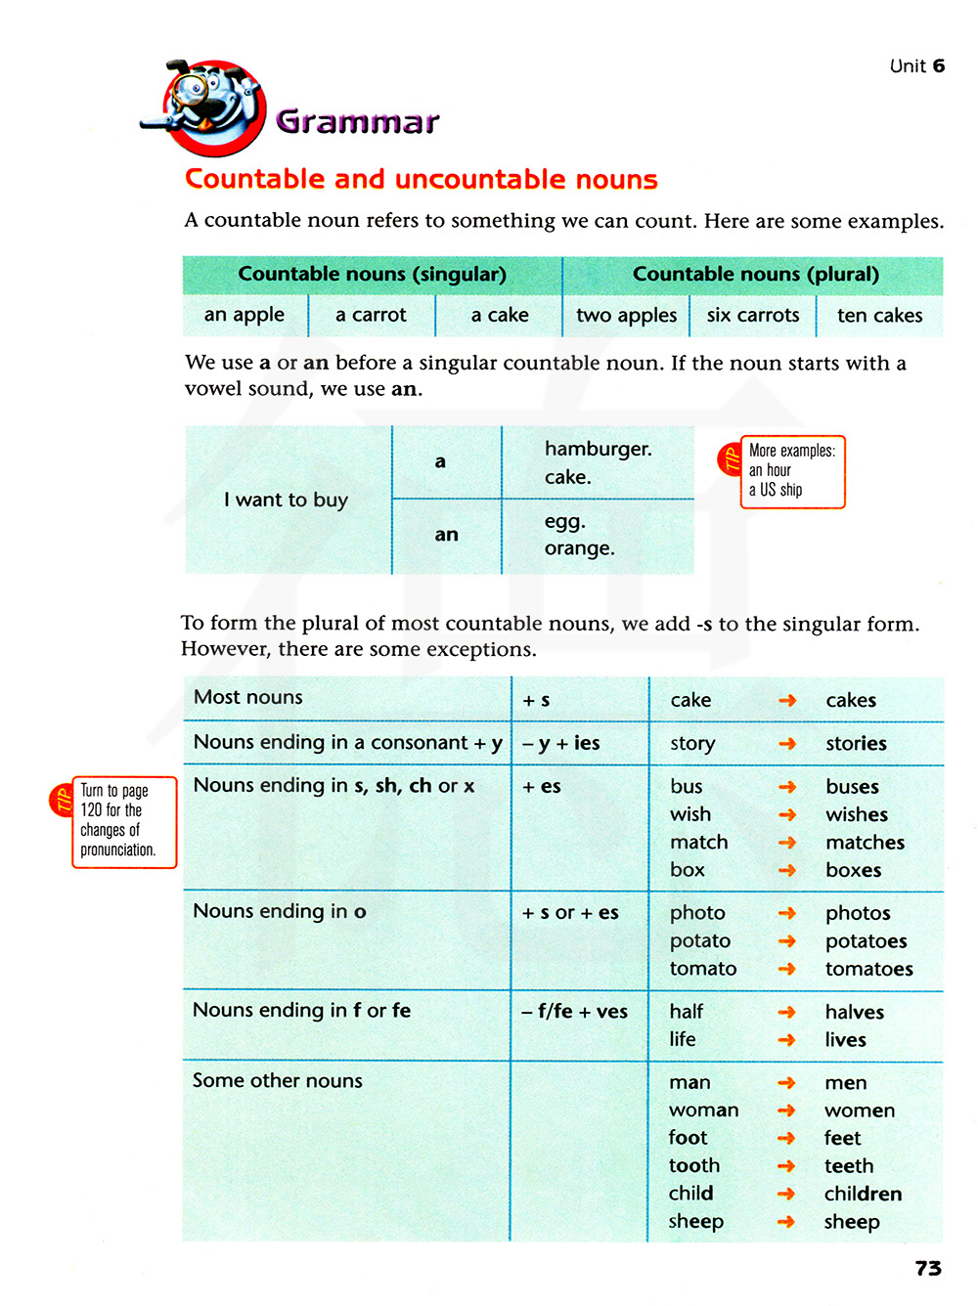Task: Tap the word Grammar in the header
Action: pyautogui.click(x=357, y=121)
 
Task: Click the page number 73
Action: pyautogui.click(x=928, y=1268)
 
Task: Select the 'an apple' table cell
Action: pyautogui.click(x=244, y=315)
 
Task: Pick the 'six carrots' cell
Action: pyautogui.click(x=753, y=315)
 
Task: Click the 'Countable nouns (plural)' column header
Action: pyautogui.click(x=755, y=274)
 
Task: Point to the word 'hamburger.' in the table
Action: pyautogui.click(x=598, y=449)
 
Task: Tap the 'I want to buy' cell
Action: pyautogui.click(x=286, y=500)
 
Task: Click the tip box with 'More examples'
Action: pyautogui.click(x=791, y=471)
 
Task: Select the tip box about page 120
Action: pyautogui.click(x=122, y=821)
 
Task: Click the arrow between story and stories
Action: pyautogui.click(x=787, y=744)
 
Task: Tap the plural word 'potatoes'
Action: pyautogui.click(x=866, y=941)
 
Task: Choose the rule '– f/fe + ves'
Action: pyautogui.click(x=575, y=1012)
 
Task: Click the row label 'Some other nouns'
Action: pyautogui.click(x=278, y=1080)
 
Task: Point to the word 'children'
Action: pyautogui.click(x=863, y=1194)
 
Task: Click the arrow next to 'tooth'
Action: pyautogui.click(x=786, y=1166)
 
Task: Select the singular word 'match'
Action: pyautogui.click(x=698, y=842)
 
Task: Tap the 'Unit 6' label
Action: pyautogui.click(x=916, y=65)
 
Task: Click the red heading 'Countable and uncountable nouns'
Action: pyautogui.click(x=422, y=179)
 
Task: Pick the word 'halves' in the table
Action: pyautogui.click(x=854, y=1012)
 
